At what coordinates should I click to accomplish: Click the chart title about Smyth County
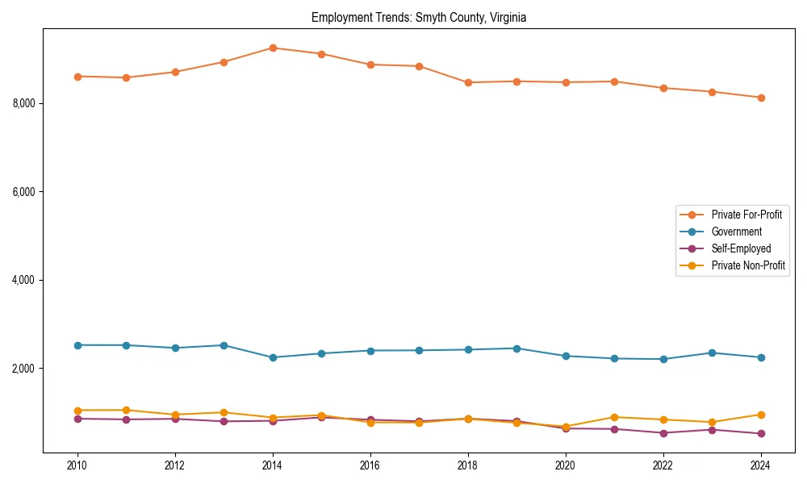[x=418, y=18]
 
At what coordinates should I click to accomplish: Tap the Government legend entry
[x=736, y=232]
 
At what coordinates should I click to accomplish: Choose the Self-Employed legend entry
[x=741, y=248]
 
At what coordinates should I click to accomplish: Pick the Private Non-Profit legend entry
[x=748, y=265]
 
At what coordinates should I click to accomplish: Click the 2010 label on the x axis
[x=77, y=465]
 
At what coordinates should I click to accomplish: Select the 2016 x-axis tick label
[x=370, y=465]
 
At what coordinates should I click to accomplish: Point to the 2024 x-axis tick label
[x=761, y=465]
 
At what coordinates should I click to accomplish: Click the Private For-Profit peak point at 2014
[x=273, y=48]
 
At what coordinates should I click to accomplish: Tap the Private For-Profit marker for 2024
[x=761, y=98]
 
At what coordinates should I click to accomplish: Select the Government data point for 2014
[x=273, y=357]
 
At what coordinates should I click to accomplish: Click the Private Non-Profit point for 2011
[x=126, y=410]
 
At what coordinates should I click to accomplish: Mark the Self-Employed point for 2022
[x=663, y=433]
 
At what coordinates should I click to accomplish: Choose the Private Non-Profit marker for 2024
[x=761, y=415]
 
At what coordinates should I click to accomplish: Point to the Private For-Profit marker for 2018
[x=468, y=82]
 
